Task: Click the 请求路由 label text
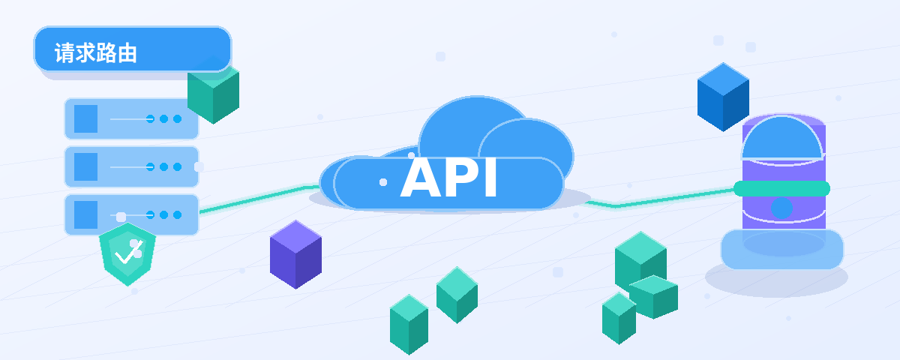(x=96, y=53)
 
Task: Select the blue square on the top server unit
(x=86, y=119)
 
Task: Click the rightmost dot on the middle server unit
(x=177, y=166)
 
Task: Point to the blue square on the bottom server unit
(x=86, y=214)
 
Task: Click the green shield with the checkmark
(x=127, y=254)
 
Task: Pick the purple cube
(x=295, y=254)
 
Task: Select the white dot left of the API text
(x=383, y=182)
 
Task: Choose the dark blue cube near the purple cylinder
(x=723, y=97)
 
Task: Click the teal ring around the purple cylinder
(x=781, y=189)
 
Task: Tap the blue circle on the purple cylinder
(x=781, y=208)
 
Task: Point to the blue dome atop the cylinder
(x=782, y=139)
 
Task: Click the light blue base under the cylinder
(x=781, y=249)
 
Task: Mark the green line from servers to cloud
(x=259, y=198)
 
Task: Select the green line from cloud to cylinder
(x=659, y=199)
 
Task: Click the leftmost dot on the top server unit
(x=150, y=119)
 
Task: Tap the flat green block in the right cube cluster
(x=653, y=296)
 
